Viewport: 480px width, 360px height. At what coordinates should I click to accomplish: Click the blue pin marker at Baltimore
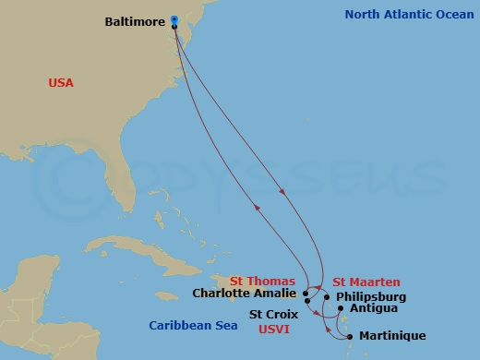[x=174, y=20]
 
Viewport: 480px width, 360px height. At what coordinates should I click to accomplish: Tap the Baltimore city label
[x=137, y=20]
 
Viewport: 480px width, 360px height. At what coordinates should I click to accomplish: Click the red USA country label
[x=61, y=83]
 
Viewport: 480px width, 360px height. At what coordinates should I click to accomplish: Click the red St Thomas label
[x=263, y=281]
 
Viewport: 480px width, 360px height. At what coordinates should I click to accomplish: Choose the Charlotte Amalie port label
[x=245, y=294]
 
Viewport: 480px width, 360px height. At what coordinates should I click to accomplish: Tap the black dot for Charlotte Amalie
[x=306, y=294]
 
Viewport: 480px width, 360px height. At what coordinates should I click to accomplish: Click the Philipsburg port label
[x=370, y=296]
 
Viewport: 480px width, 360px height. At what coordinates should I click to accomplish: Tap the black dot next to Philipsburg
[x=326, y=297]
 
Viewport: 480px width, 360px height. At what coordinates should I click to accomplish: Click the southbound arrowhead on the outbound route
[x=282, y=191]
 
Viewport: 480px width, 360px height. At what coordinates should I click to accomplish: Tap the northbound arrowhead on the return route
[x=258, y=208]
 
